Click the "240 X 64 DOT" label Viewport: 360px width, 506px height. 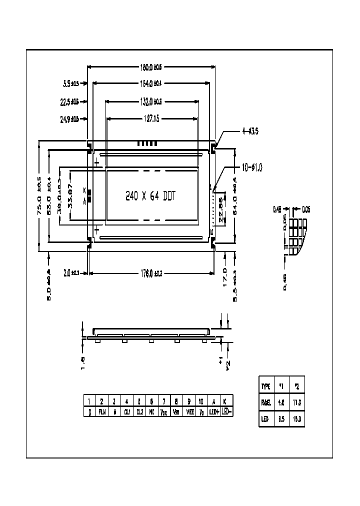[x=149, y=196]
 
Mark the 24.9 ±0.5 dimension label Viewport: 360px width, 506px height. [x=69, y=119]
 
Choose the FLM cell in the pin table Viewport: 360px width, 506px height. [x=101, y=411]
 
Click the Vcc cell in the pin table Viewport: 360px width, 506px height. [x=164, y=411]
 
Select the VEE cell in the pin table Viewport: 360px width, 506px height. [x=189, y=411]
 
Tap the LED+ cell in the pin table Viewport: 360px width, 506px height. [x=214, y=411]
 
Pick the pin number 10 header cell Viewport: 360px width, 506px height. [x=201, y=401]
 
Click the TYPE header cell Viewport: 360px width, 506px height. [x=265, y=386]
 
